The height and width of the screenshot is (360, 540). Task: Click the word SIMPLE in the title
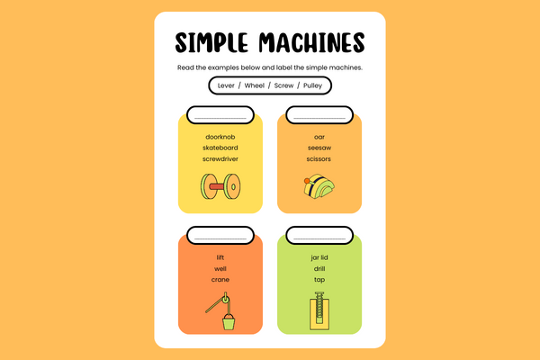[211, 42]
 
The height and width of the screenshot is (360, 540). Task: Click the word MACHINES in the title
[311, 42]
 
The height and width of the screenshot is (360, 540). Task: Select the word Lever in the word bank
[226, 85]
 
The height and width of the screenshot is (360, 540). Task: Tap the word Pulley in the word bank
[312, 85]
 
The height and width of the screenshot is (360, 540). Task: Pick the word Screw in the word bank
[283, 85]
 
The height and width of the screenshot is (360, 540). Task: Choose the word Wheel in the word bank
[255, 85]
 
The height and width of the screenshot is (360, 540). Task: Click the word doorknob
[220, 137]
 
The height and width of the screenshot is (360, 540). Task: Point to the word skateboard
[220, 148]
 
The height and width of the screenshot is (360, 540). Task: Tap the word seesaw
[319, 148]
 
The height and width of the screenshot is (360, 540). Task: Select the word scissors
[319, 158]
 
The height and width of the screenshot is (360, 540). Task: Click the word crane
[220, 280]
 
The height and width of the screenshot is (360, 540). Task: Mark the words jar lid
[319, 257]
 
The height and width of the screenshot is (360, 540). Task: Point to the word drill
[319, 269]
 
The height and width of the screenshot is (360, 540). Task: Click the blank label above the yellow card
[220, 115]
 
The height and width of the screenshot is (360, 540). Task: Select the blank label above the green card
[319, 236]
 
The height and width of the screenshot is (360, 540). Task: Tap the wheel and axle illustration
[220, 186]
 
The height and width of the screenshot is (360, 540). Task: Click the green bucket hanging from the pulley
[229, 322]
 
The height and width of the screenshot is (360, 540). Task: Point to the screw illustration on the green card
[319, 310]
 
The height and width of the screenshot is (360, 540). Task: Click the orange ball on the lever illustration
[307, 181]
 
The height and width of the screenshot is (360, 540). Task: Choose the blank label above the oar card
[319, 115]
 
